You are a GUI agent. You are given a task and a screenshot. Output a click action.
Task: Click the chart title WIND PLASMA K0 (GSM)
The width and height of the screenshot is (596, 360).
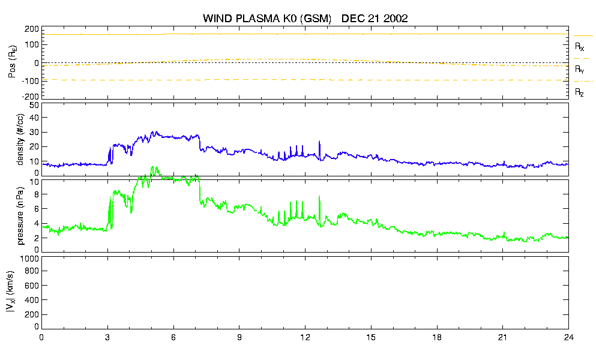tap(267, 19)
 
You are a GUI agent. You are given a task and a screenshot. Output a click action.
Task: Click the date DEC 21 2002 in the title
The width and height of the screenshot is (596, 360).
tap(375, 18)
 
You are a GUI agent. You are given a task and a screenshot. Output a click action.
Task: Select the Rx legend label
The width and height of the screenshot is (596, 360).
tap(579, 47)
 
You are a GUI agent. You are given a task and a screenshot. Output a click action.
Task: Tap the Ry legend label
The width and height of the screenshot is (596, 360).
tap(579, 69)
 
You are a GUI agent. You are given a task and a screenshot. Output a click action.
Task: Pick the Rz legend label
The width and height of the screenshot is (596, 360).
tap(579, 92)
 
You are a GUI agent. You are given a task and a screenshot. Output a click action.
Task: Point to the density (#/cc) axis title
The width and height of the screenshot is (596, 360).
tap(20, 140)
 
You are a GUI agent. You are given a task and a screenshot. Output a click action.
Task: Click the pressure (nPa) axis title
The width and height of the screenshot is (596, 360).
tap(20, 215)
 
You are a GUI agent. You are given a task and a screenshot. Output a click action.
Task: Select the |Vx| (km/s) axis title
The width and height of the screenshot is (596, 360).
tap(11, 292)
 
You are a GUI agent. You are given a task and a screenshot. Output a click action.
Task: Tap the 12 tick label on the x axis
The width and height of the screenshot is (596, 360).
tap(305, 337)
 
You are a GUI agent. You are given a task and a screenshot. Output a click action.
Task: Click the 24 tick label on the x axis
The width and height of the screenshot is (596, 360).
tap(568, 337)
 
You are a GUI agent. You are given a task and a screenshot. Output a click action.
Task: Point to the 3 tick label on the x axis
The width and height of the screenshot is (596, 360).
tap(107, 337)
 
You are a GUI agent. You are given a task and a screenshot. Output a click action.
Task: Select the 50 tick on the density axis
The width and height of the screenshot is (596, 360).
tap(34, 106)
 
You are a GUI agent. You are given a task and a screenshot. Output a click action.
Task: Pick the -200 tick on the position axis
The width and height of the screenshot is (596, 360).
tap(31, 96)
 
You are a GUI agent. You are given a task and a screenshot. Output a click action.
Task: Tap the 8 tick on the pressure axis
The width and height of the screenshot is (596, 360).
tap(37, 194)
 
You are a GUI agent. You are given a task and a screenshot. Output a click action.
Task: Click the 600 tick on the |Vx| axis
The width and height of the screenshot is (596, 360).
tap(32, 286)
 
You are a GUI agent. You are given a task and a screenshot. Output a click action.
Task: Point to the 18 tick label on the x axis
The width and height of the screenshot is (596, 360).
tap(437, 337)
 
